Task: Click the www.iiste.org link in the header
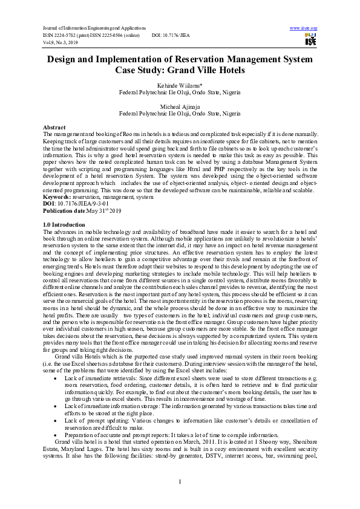click(304, 28)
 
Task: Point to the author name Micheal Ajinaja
click(180, 107)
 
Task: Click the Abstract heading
click(54, 128)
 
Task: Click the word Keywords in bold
click(56, 197)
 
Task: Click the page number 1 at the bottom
click(180, 481)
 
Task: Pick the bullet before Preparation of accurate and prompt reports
click(57, 435)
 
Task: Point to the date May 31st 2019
click(105, 210)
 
